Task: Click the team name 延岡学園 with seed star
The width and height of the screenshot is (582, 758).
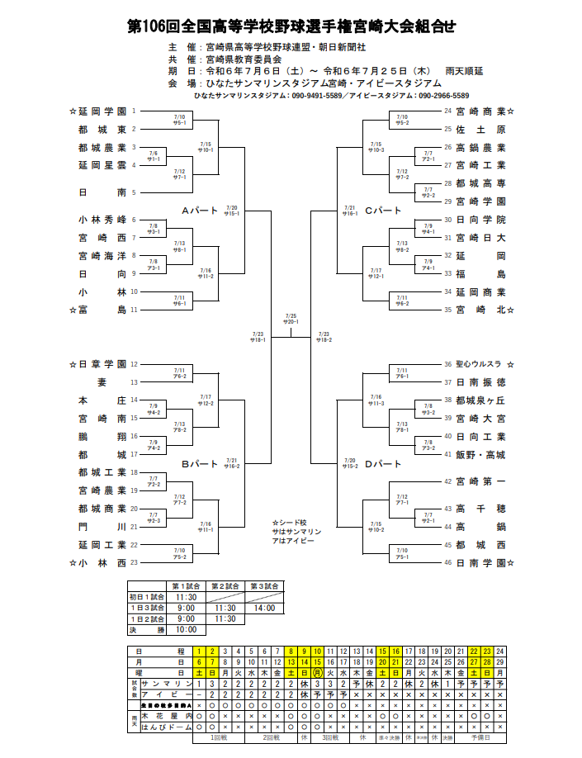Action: (97, 111)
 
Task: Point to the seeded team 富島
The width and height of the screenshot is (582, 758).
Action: (97, 310)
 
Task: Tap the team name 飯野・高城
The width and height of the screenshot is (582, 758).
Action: (480, 454)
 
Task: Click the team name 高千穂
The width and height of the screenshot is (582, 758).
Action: (480, 509)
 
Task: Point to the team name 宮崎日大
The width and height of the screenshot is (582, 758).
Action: (480, 238)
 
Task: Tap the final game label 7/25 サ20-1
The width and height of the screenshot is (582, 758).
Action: (291, 319)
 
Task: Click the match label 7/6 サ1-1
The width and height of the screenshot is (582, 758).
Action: (154, 155)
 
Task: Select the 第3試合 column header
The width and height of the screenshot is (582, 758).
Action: (264, 585)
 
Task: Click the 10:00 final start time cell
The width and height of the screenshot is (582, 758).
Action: (187, 629)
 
